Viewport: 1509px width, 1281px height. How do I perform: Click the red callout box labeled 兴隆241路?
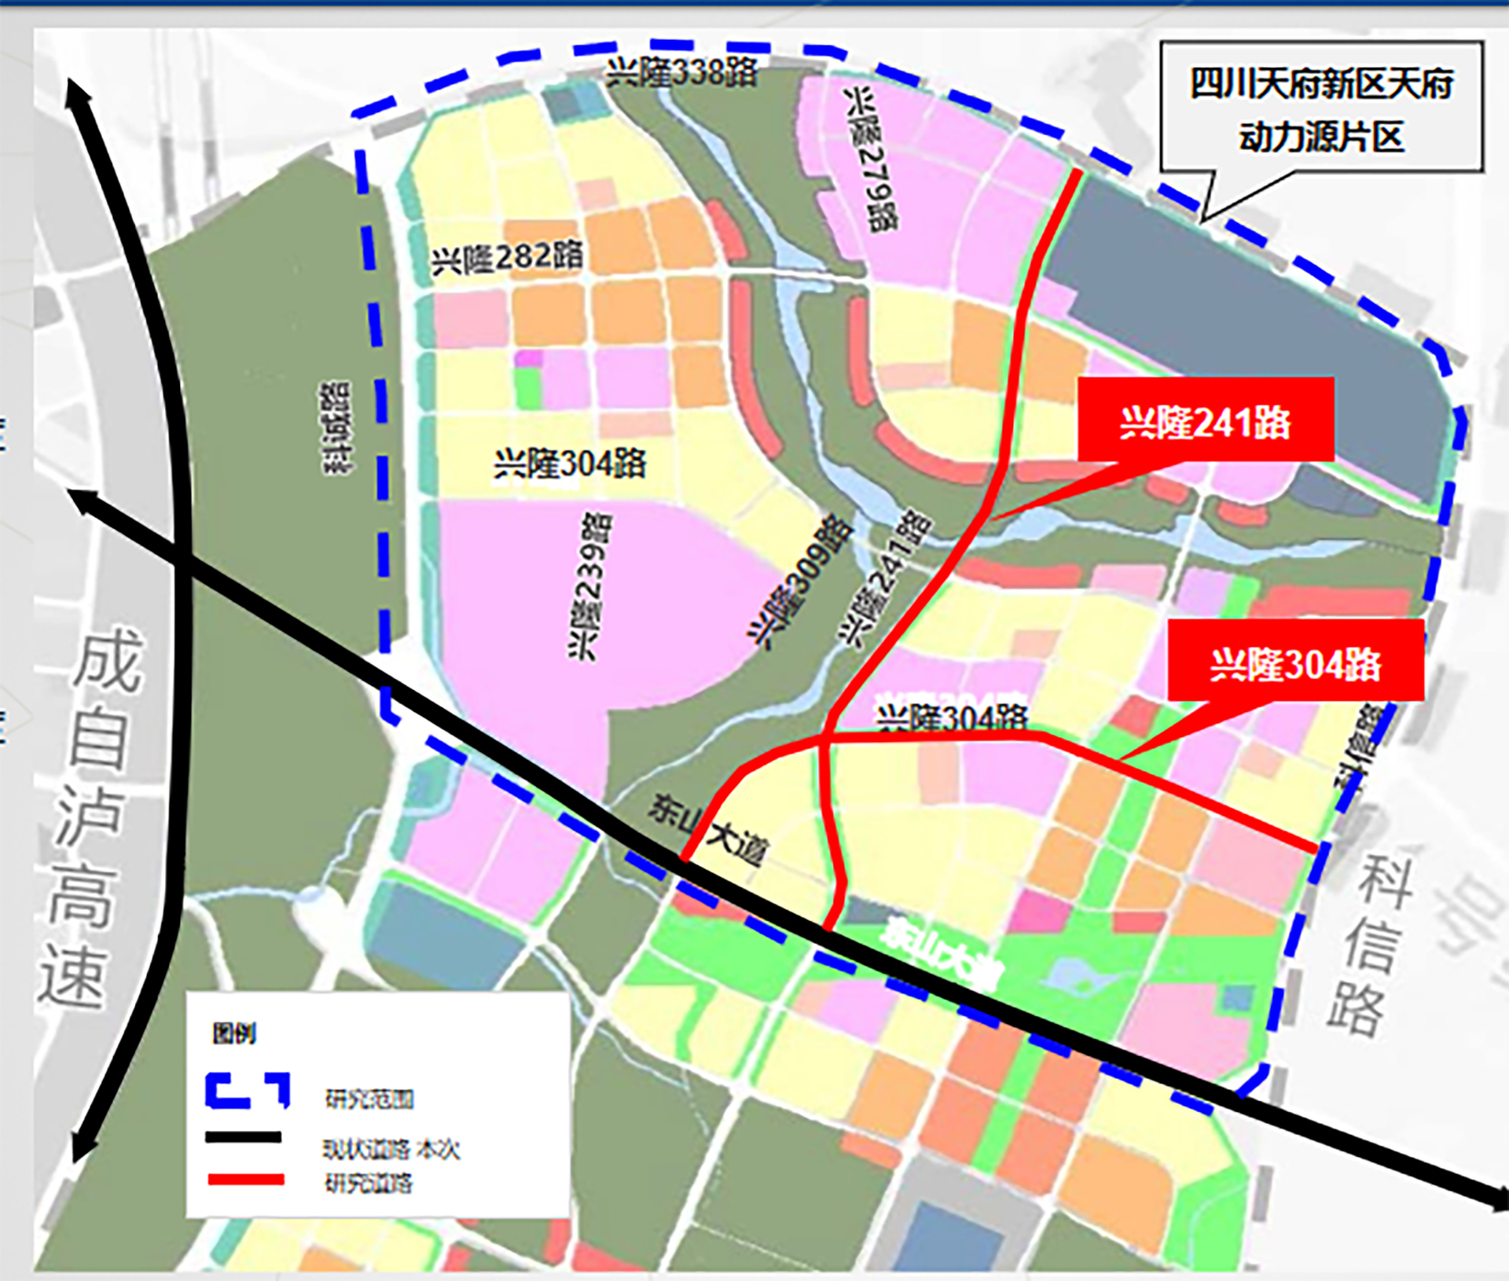[x=1205, y=420]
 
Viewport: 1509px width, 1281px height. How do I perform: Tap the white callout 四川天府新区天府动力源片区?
[x=1322, y=108]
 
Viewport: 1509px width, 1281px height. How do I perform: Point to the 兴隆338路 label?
[x=681, y=73]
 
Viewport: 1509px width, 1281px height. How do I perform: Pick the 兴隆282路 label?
[x=508, y=257]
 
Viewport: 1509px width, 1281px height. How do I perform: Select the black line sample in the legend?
[x=244, y=1137]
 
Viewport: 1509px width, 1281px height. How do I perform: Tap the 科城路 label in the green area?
[x=336, y=428]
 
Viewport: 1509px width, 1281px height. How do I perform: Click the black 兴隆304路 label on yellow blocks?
[x=570, y=464]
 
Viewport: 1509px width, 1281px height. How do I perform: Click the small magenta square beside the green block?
[x=529, y=358]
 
